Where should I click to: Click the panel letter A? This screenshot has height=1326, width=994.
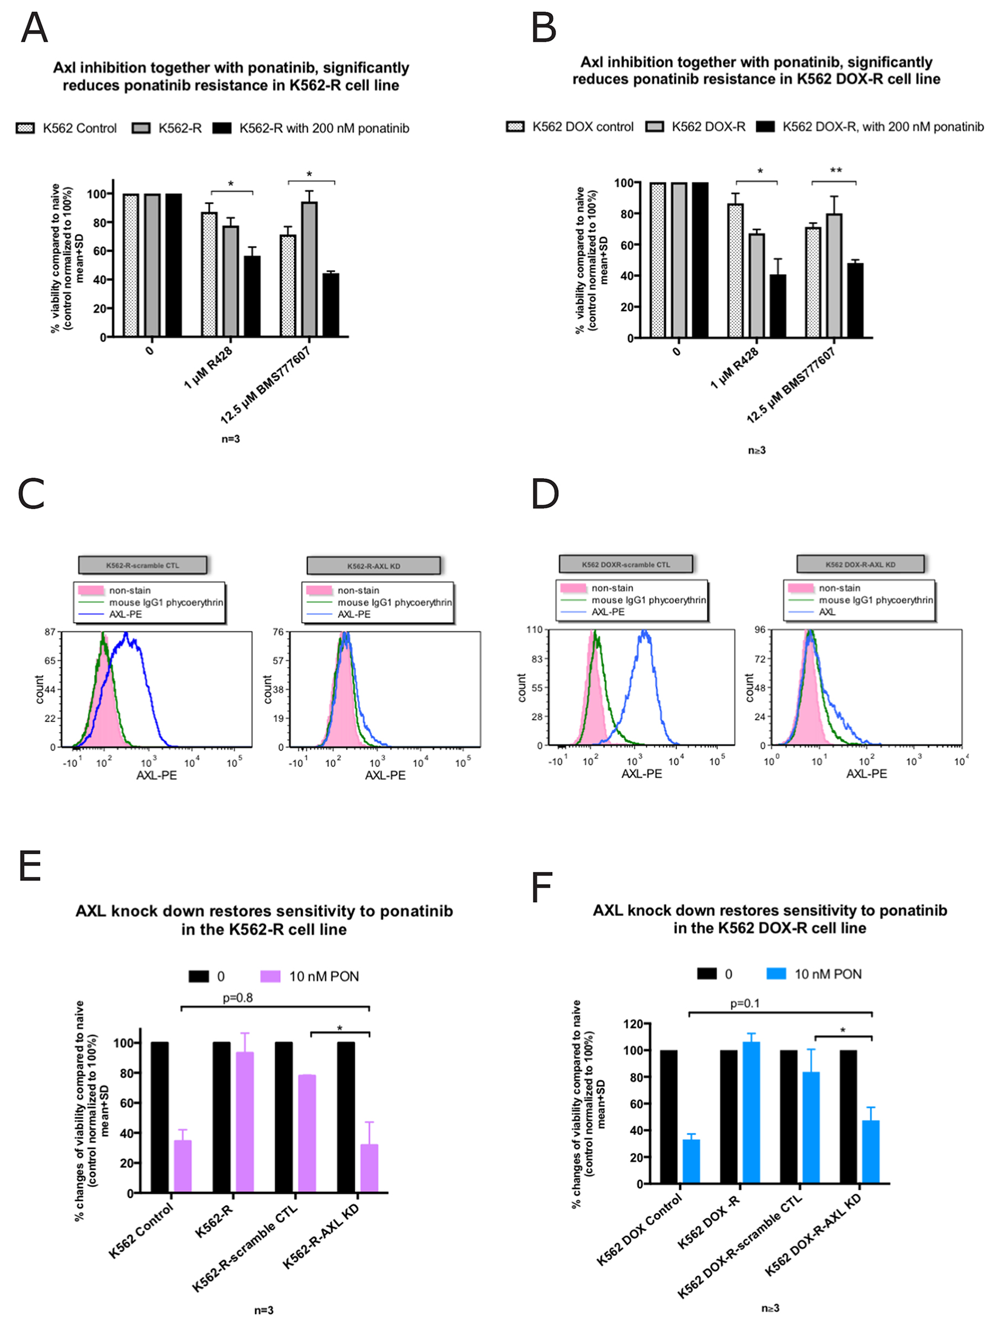pyautogui.click(x=34, y=28)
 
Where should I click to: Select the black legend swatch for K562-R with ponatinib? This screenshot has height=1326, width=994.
pyautogui.click(x=221, y=128)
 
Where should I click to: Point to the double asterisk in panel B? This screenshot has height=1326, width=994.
pyautogui.click(x=835, y=171)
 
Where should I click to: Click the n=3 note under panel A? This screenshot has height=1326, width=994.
pyautogui.click(x=230, y=439)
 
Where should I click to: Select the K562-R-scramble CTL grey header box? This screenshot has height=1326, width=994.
pyautogui.click(x=142, y=565)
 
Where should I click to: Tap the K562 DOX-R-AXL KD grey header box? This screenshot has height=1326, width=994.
pyautogui.click(x=860, y=564)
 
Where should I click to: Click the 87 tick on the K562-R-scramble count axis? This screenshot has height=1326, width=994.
pyautogui.click(x=50, y=632)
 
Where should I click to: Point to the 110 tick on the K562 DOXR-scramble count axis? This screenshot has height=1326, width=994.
pyautogui.click(x=534, y=629)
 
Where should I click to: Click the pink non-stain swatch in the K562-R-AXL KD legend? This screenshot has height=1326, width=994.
pyautogui.click(x=319, y=591)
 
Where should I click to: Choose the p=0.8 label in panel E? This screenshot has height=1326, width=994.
pyautogui.click(x=237, y=998)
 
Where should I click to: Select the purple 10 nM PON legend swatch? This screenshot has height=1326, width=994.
pyautogui.click(x=270, y=976)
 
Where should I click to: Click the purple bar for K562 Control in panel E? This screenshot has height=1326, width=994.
pyautogui.click(x=183, y=1166)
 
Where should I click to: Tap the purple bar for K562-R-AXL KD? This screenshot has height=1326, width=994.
pyautogui.click(x=369, y=1168)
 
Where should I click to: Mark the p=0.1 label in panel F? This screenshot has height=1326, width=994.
pyautogui.click(x=744, y=1003)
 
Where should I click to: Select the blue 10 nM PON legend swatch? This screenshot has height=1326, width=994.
pyautogui.click(x=776, y=973)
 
